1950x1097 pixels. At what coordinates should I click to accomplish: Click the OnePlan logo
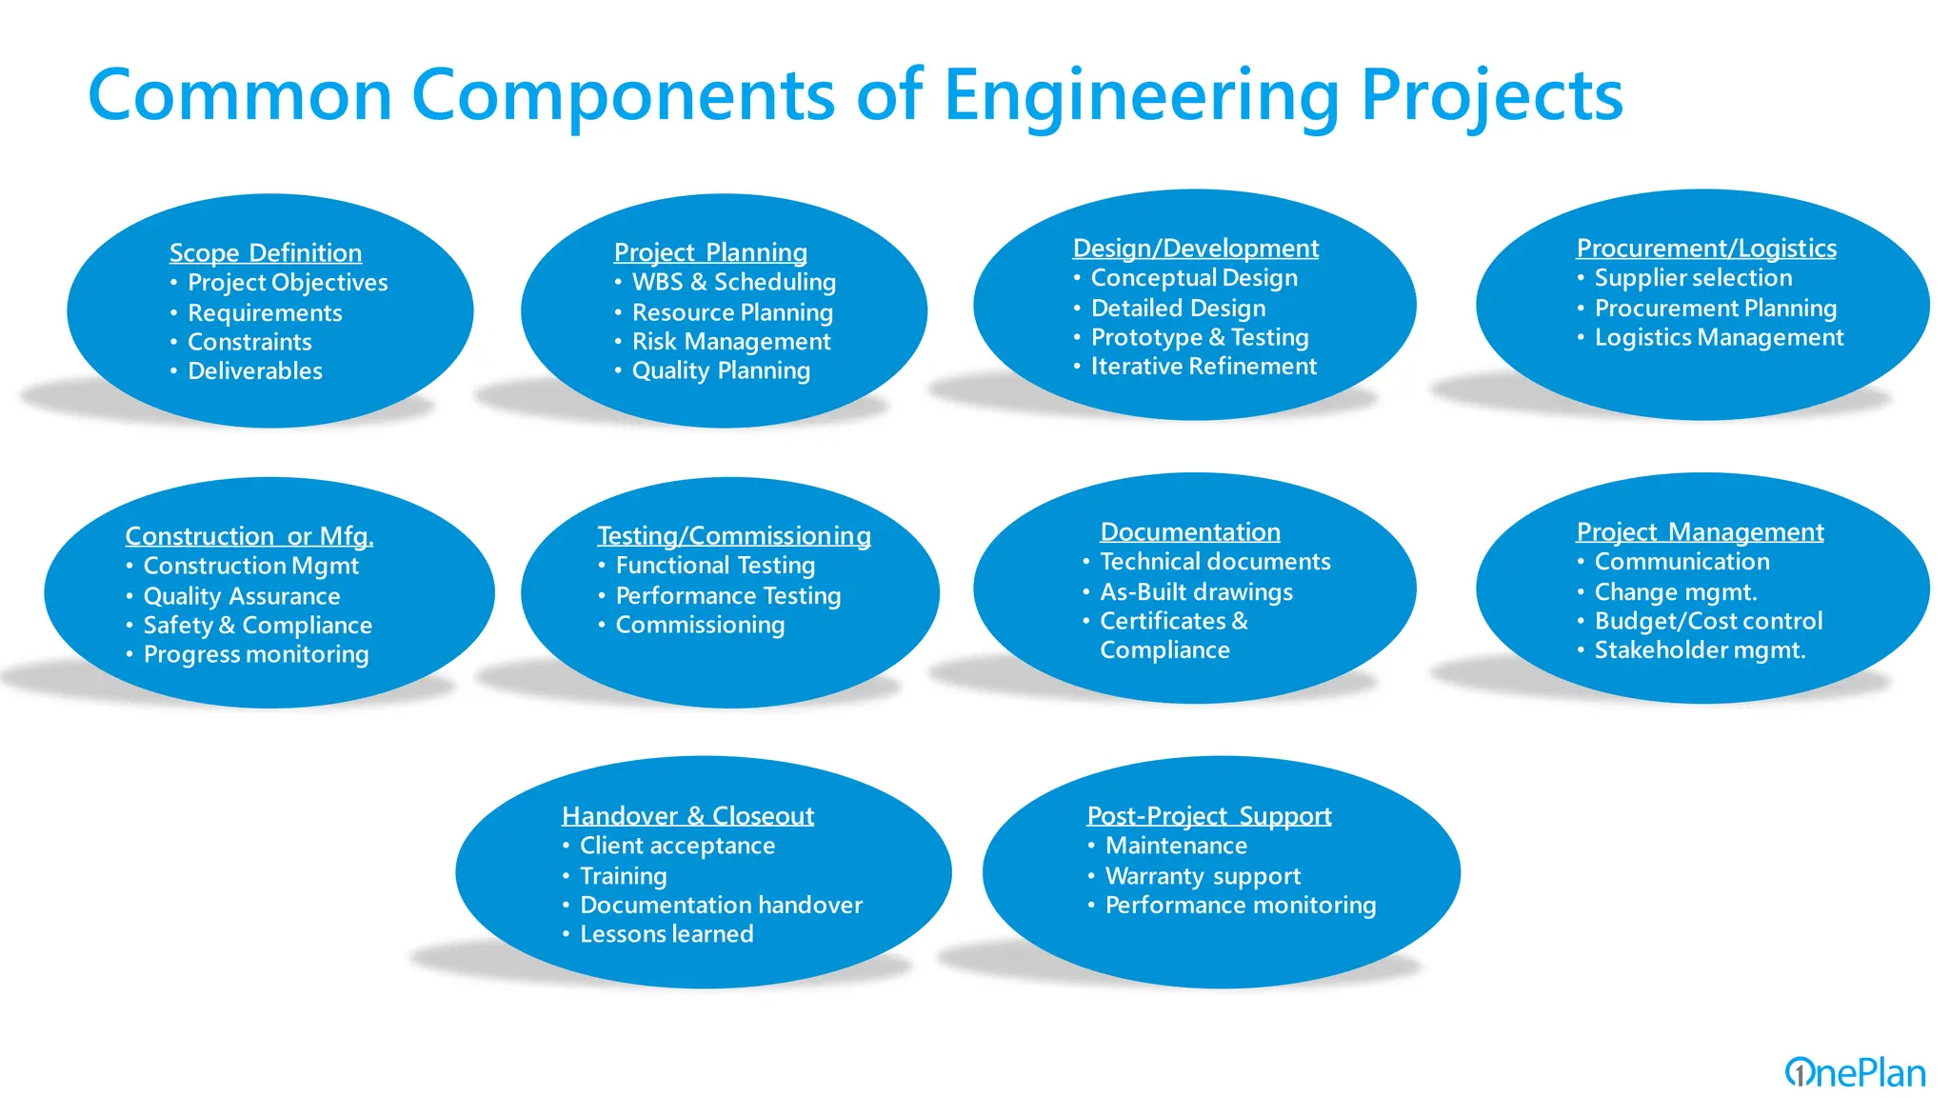click(1855, 1072)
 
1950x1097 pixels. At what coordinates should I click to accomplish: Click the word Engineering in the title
click(1142, 96)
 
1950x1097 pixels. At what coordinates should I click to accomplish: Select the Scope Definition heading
click(266, 252)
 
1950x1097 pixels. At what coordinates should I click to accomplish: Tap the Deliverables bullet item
click(255, 371)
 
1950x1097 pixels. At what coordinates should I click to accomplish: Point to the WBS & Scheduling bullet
click(733, 282)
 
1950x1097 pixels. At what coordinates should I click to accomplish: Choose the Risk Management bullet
click(731, 342)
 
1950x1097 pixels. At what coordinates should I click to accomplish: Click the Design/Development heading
click(1195, 249)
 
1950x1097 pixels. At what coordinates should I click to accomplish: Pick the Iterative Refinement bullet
click(1204, 367)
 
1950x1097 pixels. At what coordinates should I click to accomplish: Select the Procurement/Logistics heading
click(1706, 249)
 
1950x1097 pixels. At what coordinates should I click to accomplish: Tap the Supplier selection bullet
click(1693, 278)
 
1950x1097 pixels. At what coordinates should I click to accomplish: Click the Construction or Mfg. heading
click(249, 536)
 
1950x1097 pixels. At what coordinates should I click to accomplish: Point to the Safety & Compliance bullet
click(257, 626)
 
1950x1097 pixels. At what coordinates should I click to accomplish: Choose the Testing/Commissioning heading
click(734, 536)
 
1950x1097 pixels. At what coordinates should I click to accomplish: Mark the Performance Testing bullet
click(728, 596)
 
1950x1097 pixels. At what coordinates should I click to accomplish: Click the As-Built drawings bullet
click(1196, 592)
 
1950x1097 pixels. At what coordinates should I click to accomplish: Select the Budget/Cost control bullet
click(1708, 622)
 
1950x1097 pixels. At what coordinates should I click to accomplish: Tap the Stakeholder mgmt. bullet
click(1700, 650)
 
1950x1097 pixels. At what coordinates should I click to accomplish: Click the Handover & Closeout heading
click(687, 816)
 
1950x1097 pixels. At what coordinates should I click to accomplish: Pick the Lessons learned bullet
click(667, 934)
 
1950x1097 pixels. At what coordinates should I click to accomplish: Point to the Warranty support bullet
click(1203, 876)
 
